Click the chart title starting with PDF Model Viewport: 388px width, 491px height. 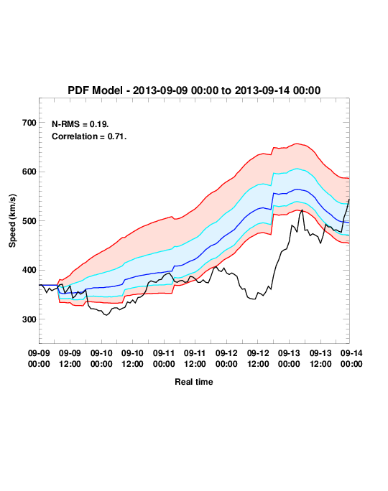[194, 90]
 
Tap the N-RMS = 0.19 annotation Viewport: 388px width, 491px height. [80, 124]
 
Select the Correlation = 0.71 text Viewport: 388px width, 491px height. [89, 136]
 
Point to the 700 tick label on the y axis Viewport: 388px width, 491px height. [29, 123]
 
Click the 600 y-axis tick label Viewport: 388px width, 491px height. [29, 172]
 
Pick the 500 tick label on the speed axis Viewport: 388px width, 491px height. [29, 221]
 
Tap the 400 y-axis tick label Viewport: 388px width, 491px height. [29, 270]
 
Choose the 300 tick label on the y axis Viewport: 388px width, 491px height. [29, 319]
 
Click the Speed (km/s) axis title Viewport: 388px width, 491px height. [12, 221]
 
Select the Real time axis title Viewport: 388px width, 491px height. [194, 382]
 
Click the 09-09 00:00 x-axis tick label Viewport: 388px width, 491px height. [39, 358]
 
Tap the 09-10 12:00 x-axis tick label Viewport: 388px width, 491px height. [132, 358]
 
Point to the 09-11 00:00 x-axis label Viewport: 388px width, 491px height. [164, 358]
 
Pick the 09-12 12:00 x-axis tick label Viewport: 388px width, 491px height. [258, 358]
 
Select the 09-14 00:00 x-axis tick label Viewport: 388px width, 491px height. [351, 358]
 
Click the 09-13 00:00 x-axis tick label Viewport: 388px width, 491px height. [289, 358]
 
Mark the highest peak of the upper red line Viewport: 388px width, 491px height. [297, 144]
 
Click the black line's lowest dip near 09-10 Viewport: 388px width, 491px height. [106, 315]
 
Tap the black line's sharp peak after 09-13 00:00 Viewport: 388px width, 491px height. [302, 210]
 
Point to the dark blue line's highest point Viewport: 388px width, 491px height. [297, 189]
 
